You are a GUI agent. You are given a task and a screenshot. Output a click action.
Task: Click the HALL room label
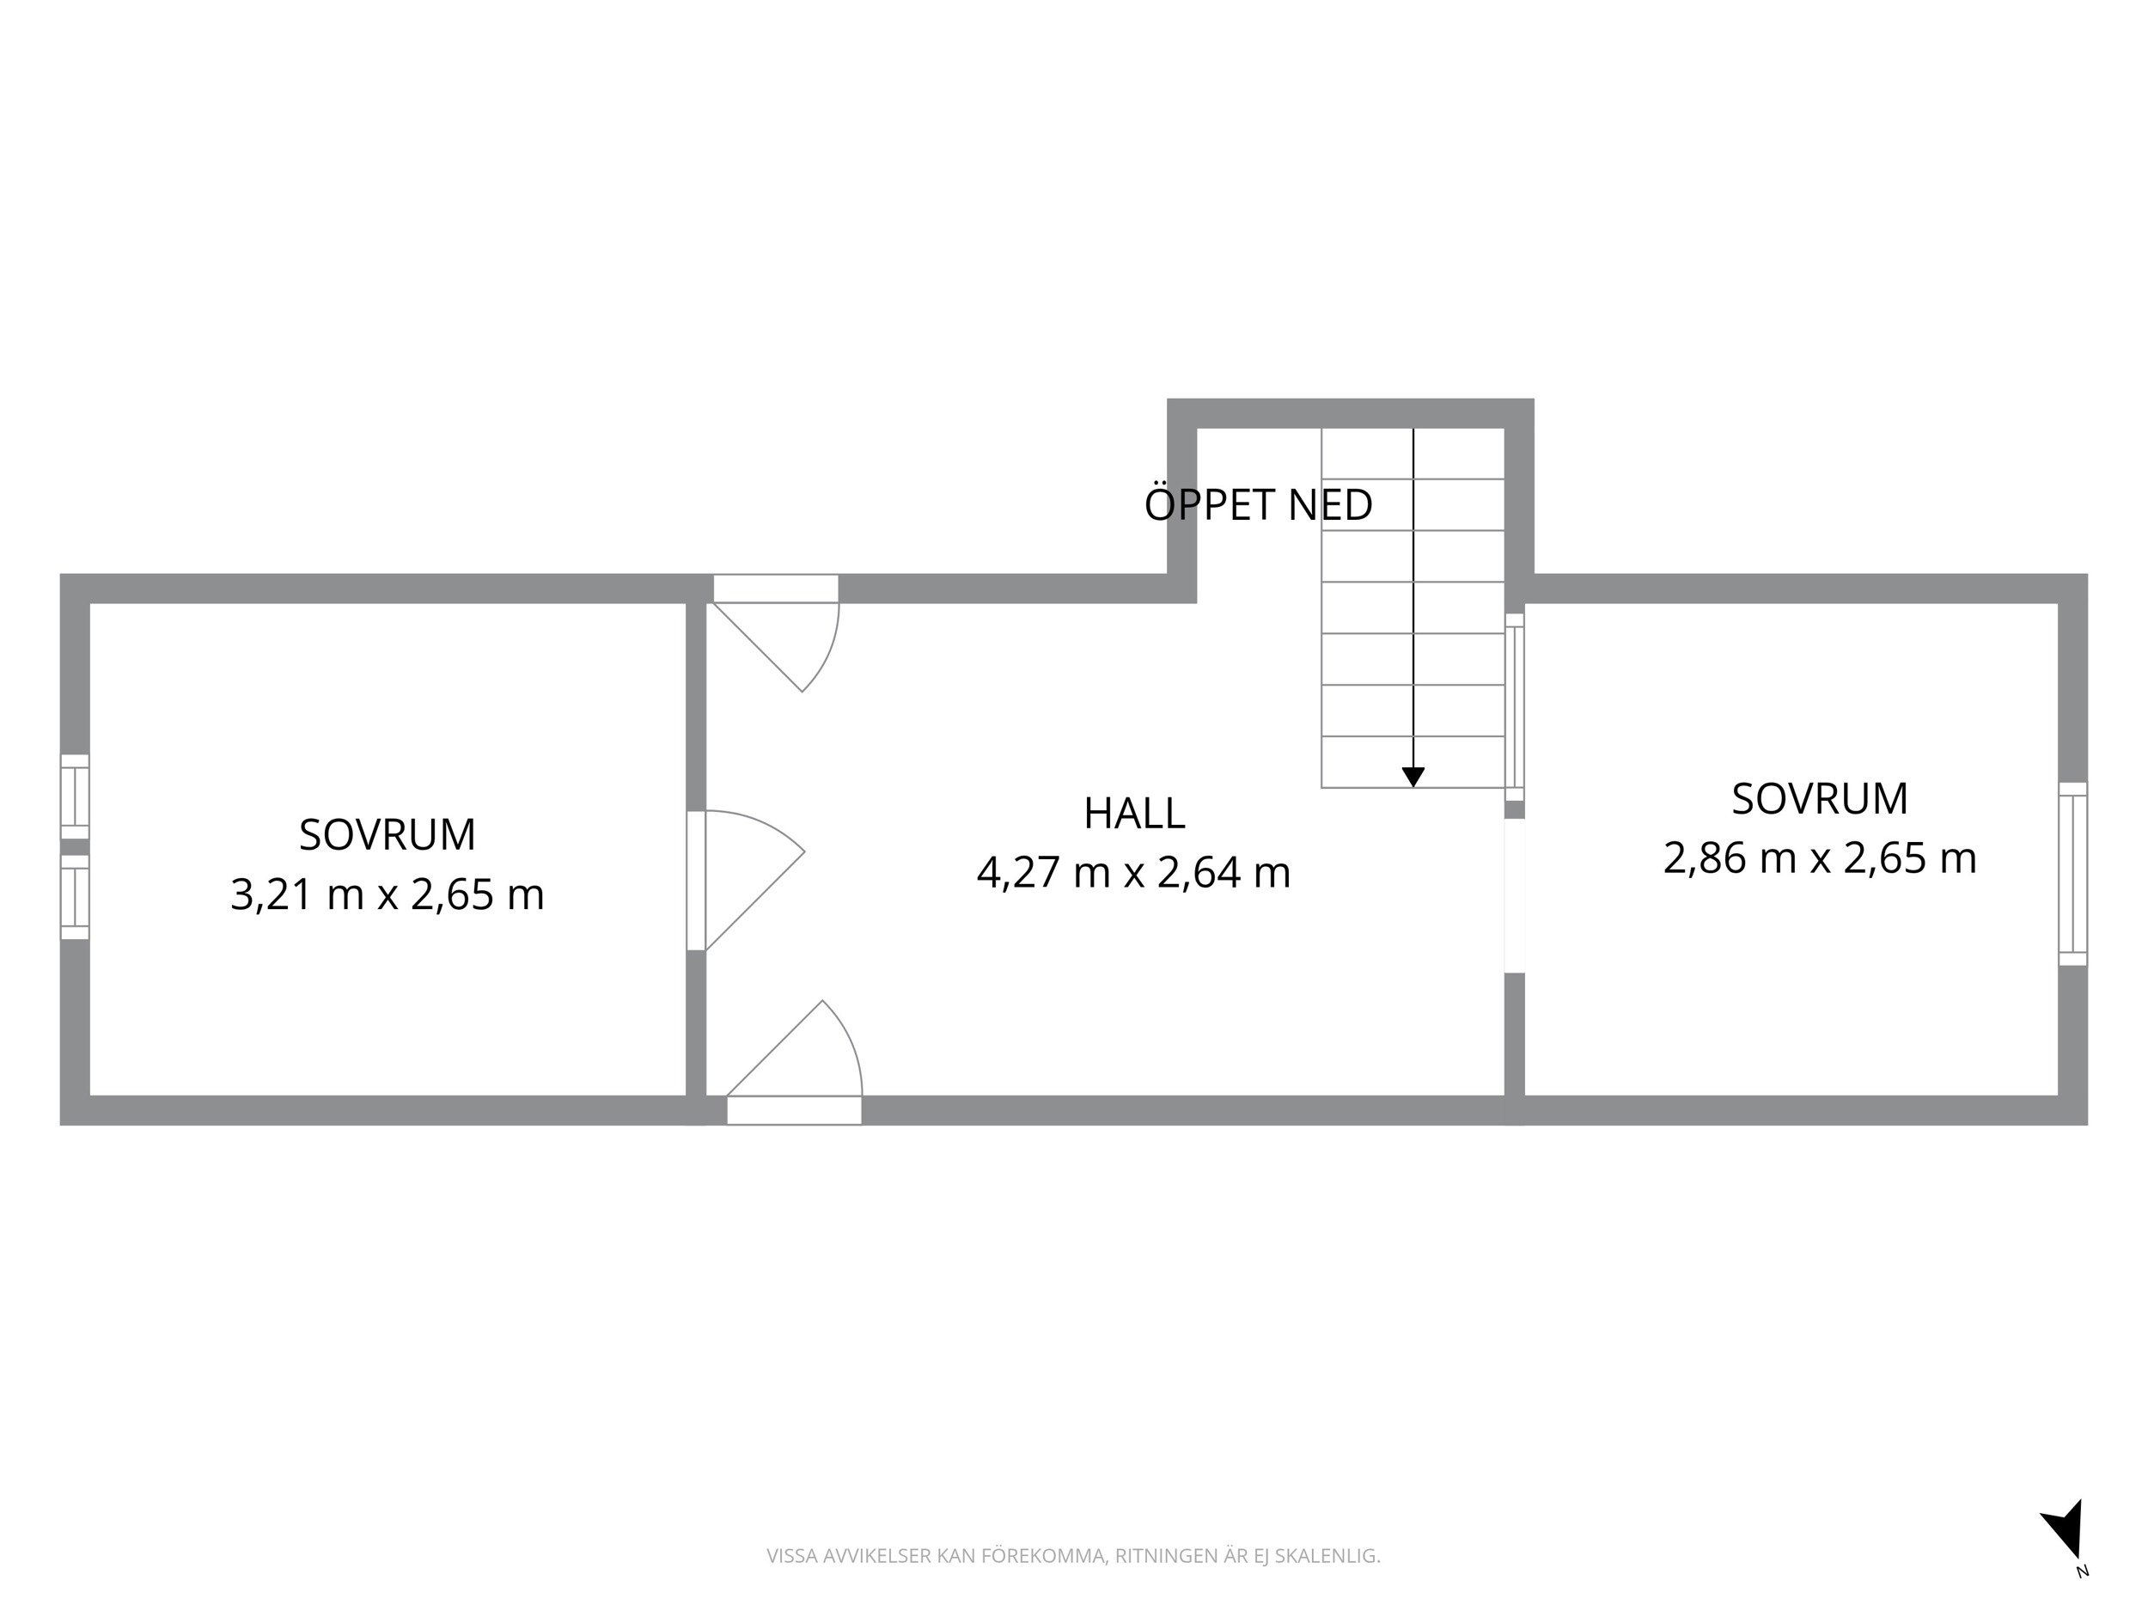click(x=1133, y=814)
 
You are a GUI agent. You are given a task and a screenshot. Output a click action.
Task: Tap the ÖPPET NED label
click(x=1259, y=505)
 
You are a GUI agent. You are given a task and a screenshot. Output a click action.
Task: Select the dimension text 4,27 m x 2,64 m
click(x=1133, y=872)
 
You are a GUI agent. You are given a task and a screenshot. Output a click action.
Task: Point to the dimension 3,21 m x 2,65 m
click(x=387, y=894)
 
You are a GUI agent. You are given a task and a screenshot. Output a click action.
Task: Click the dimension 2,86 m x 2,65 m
click(x=1820, y=858)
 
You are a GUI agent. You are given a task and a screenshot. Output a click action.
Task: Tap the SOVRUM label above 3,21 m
click(x=387, y=835)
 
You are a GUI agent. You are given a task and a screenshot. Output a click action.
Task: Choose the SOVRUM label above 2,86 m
click(x=1820, y=799)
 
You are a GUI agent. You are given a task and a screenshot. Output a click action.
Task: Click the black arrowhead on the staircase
click(x=1413, y=777)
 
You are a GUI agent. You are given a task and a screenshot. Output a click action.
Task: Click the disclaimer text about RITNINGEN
click(x=1073, y=1556)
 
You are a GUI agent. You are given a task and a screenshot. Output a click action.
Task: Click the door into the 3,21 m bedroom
click(x=745, y=880)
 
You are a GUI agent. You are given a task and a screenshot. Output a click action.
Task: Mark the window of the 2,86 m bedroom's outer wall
click(x=2072, y=874)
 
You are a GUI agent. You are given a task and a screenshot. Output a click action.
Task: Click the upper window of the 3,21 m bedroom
click(x=75, y=796)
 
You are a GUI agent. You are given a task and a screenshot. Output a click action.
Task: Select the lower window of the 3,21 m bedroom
click(x=75, y=897)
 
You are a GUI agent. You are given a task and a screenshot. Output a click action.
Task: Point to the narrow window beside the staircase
click(x=1514, y=707)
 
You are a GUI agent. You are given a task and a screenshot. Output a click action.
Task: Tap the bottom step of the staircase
click(x=1413, y=762)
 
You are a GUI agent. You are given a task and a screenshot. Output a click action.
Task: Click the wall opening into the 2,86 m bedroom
click(x=1514, y=895)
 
